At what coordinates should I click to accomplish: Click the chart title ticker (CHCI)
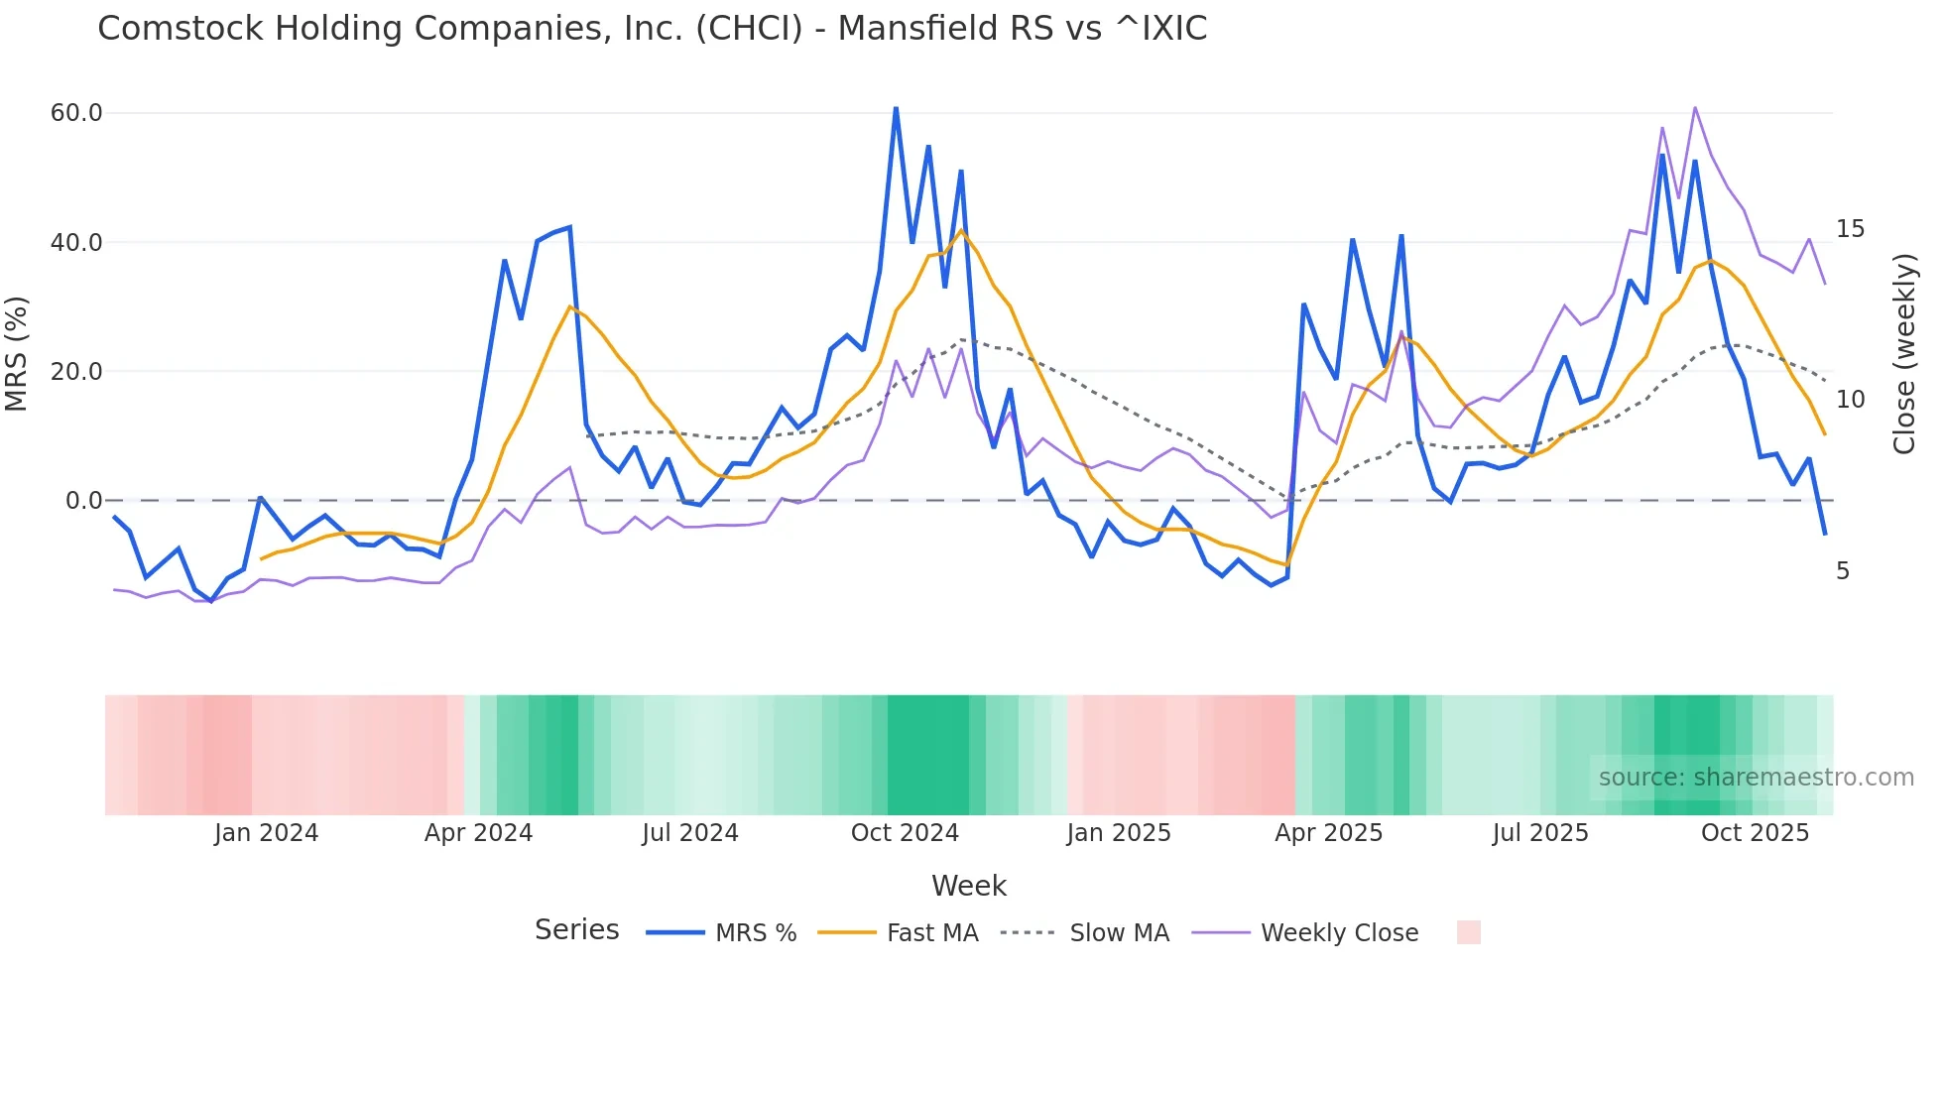click(749, 29)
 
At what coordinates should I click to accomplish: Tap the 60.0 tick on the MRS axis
click(76, 113)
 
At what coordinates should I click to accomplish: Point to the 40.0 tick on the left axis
click(76, 243)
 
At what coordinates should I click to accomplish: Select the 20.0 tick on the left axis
click(76, 372)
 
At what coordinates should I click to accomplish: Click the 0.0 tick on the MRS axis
click(83, 501)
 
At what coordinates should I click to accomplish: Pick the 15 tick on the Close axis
click(1850, 229)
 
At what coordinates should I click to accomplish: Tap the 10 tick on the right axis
click(1850, 400)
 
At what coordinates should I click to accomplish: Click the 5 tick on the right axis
click(1843, 571)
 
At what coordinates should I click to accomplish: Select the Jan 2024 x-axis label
click(266, 833)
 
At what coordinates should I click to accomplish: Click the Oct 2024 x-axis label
click(905, 833)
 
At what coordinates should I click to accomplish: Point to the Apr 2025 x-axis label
click(1328, 833)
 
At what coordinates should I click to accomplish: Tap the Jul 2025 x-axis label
click(1540, 833)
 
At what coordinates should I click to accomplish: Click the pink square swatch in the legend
click(1468, 932)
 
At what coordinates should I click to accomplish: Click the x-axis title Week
click(969, 886)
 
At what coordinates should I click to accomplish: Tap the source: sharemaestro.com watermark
click(1756, 778)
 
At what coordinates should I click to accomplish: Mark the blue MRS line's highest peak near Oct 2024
click(896, 108)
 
